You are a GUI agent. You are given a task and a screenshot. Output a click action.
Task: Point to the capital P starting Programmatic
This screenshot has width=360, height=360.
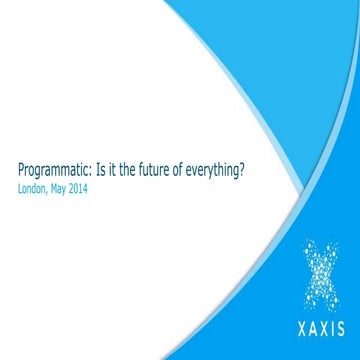coord(24,171)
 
